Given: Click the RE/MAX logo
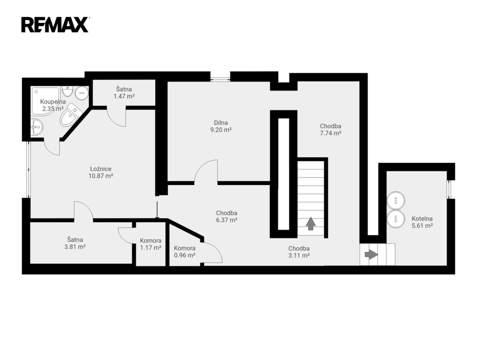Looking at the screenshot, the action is coord(55,25).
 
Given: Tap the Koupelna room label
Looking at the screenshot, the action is coord(53,102).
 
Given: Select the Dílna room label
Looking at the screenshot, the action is coord(221,123).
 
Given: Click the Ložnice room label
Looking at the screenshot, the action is coord(101,169).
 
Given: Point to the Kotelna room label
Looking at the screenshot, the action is coord(422,218).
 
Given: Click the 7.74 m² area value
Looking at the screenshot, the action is coord(330,133).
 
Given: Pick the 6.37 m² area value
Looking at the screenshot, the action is coord(227,220).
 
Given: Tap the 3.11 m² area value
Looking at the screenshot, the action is coord(299,256).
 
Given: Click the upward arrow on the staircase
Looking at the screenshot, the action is coord(310,224).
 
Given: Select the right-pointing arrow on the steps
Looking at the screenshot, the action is coord(371,255).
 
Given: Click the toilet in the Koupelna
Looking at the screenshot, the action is coord(70,115).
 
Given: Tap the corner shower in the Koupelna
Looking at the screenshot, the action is coord(45,101).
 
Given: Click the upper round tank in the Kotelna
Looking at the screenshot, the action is coord(396,200).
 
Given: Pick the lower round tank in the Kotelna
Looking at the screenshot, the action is coord(396,219).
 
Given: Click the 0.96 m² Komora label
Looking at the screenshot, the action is coord(185,252).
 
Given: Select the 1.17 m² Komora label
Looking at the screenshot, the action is coord(151,244).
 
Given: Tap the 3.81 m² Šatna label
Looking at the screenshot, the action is coord(75,243).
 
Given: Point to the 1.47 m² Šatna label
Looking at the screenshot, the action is coord(124,93).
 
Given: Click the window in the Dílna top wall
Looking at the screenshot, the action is coord(220,80).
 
